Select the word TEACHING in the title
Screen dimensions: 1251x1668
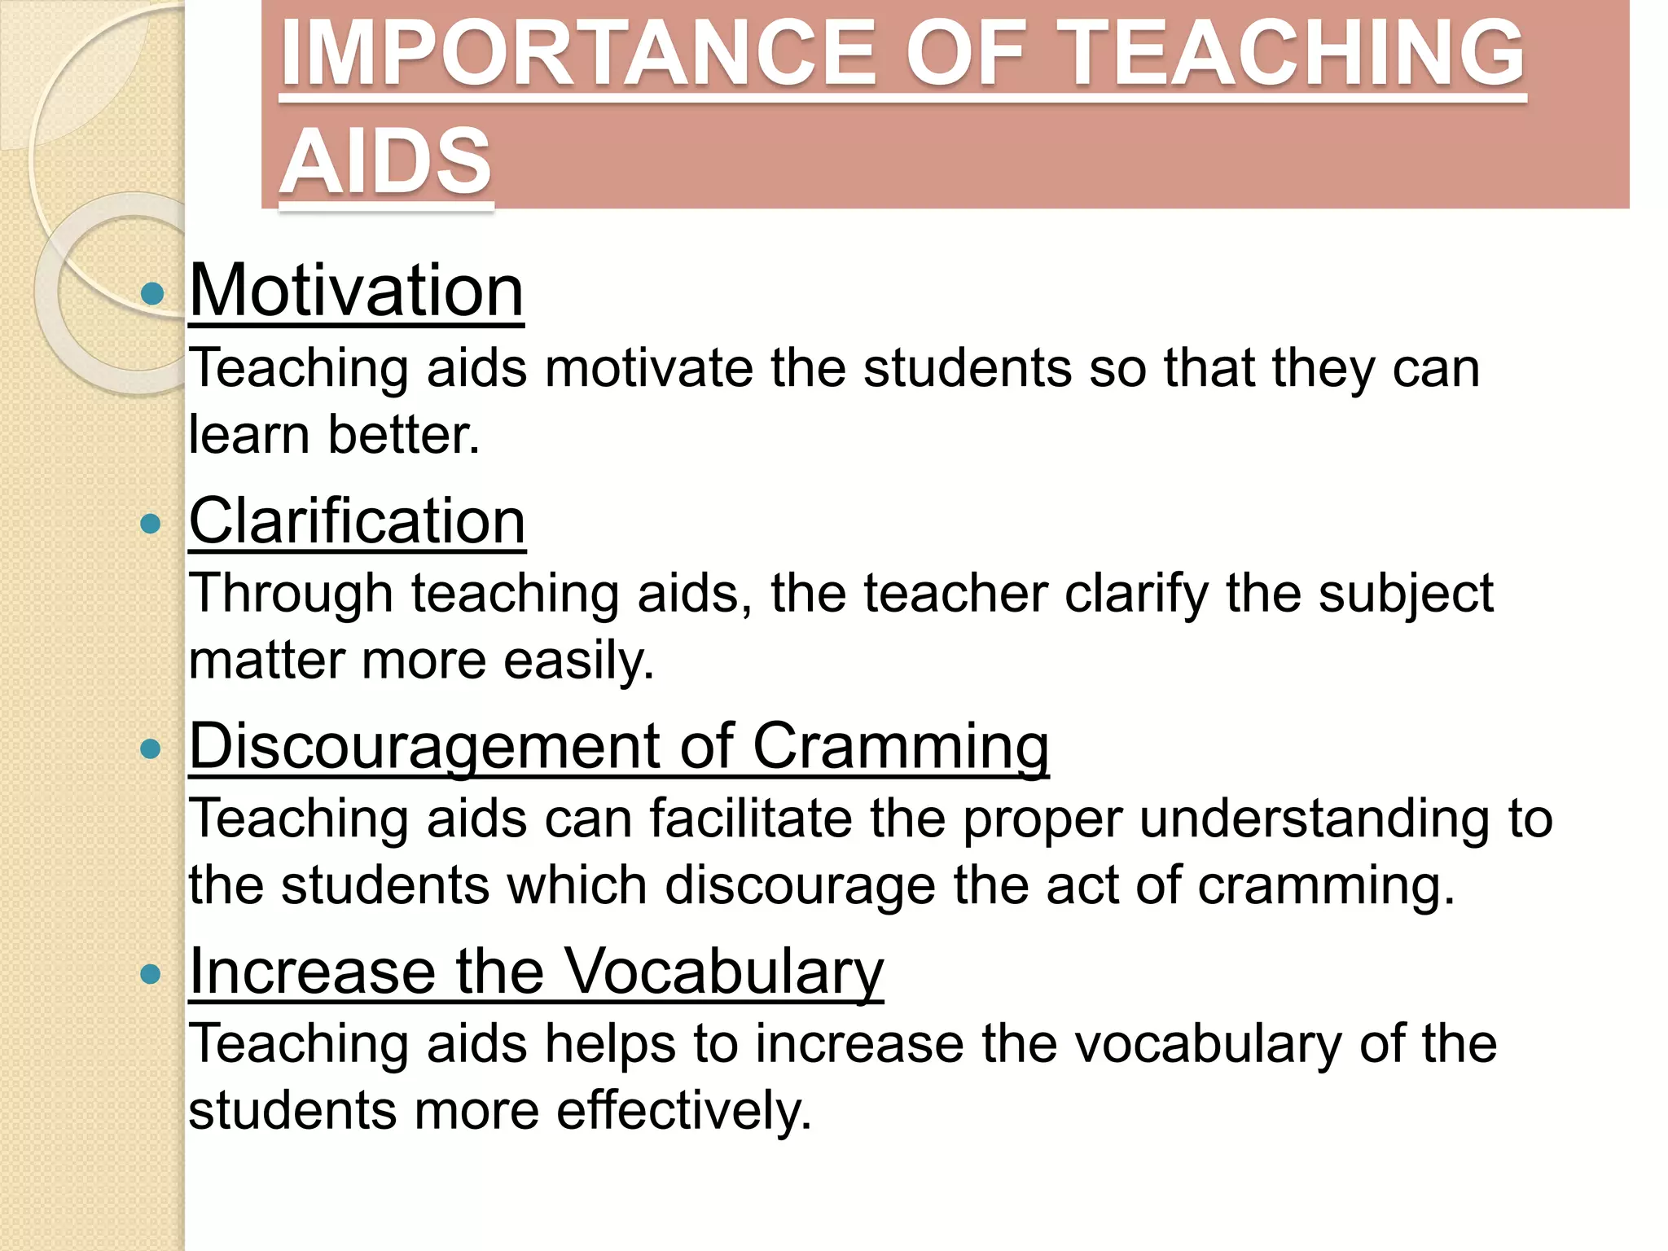(1294, 54)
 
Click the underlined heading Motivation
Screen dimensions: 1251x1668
(356, 291)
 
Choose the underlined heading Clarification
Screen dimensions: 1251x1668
(357, 521)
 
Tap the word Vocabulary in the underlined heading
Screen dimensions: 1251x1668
(723, 972)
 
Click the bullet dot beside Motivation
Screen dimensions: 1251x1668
(151, 293)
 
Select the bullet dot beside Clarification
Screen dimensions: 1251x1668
(151, 523)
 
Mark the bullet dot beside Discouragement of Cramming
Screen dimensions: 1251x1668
(151, 748)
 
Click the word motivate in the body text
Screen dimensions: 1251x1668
(649, 368)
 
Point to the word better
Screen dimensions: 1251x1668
(404, 435)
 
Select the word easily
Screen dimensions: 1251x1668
(578, 661)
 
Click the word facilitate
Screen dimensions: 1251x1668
(750, 819)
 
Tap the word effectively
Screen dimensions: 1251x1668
(684, 1111)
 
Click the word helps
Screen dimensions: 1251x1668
(610, 1045)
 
